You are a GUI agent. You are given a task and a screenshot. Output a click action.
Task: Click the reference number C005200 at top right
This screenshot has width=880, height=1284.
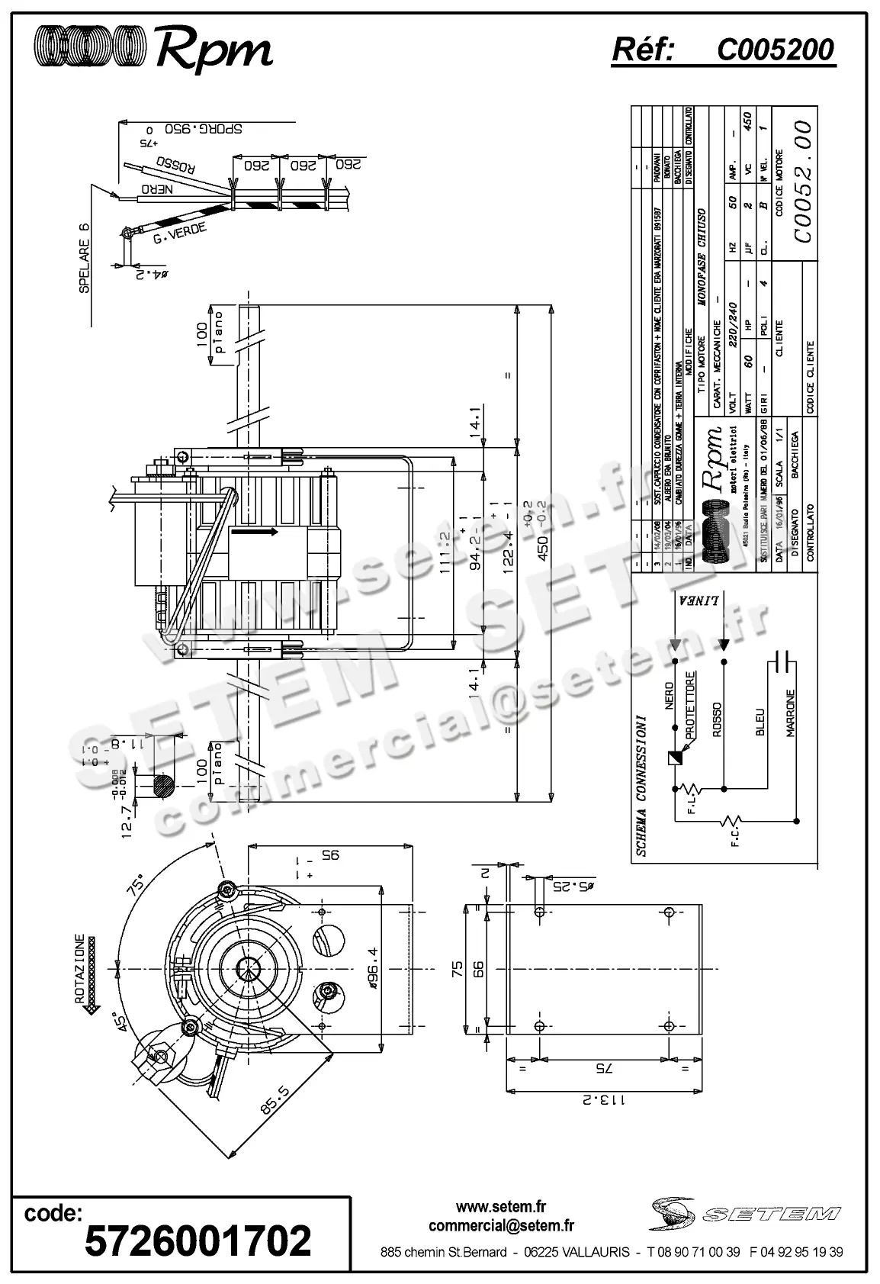click(x=775, y=50)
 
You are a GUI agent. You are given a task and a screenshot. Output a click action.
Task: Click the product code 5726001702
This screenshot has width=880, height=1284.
click(x=198, y=1240)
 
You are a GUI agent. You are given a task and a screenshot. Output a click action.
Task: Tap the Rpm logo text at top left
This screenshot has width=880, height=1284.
click(x=214, y=50)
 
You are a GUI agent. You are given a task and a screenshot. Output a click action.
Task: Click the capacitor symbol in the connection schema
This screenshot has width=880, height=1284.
click(x=782, y=662)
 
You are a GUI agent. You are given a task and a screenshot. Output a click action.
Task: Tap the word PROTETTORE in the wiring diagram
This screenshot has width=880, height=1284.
click(x=689, y=704)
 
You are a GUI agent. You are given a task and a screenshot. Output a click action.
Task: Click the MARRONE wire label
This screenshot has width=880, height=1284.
click(x=791, y=714)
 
